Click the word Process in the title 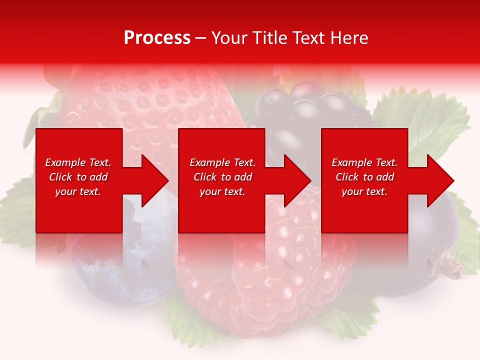157,38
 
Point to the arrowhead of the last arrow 441,180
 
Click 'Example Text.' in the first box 78,162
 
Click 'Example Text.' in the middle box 222,162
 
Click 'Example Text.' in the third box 364,162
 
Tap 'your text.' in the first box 78,191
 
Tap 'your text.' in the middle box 222,191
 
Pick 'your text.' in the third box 364,191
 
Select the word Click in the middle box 205,177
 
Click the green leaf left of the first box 17,210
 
